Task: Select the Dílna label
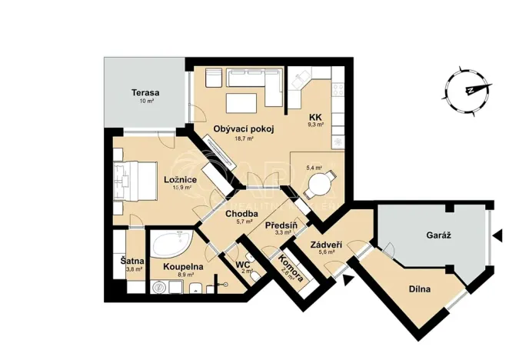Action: point(419,289)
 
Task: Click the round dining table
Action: point(318,185)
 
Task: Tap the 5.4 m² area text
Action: point(314,167)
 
